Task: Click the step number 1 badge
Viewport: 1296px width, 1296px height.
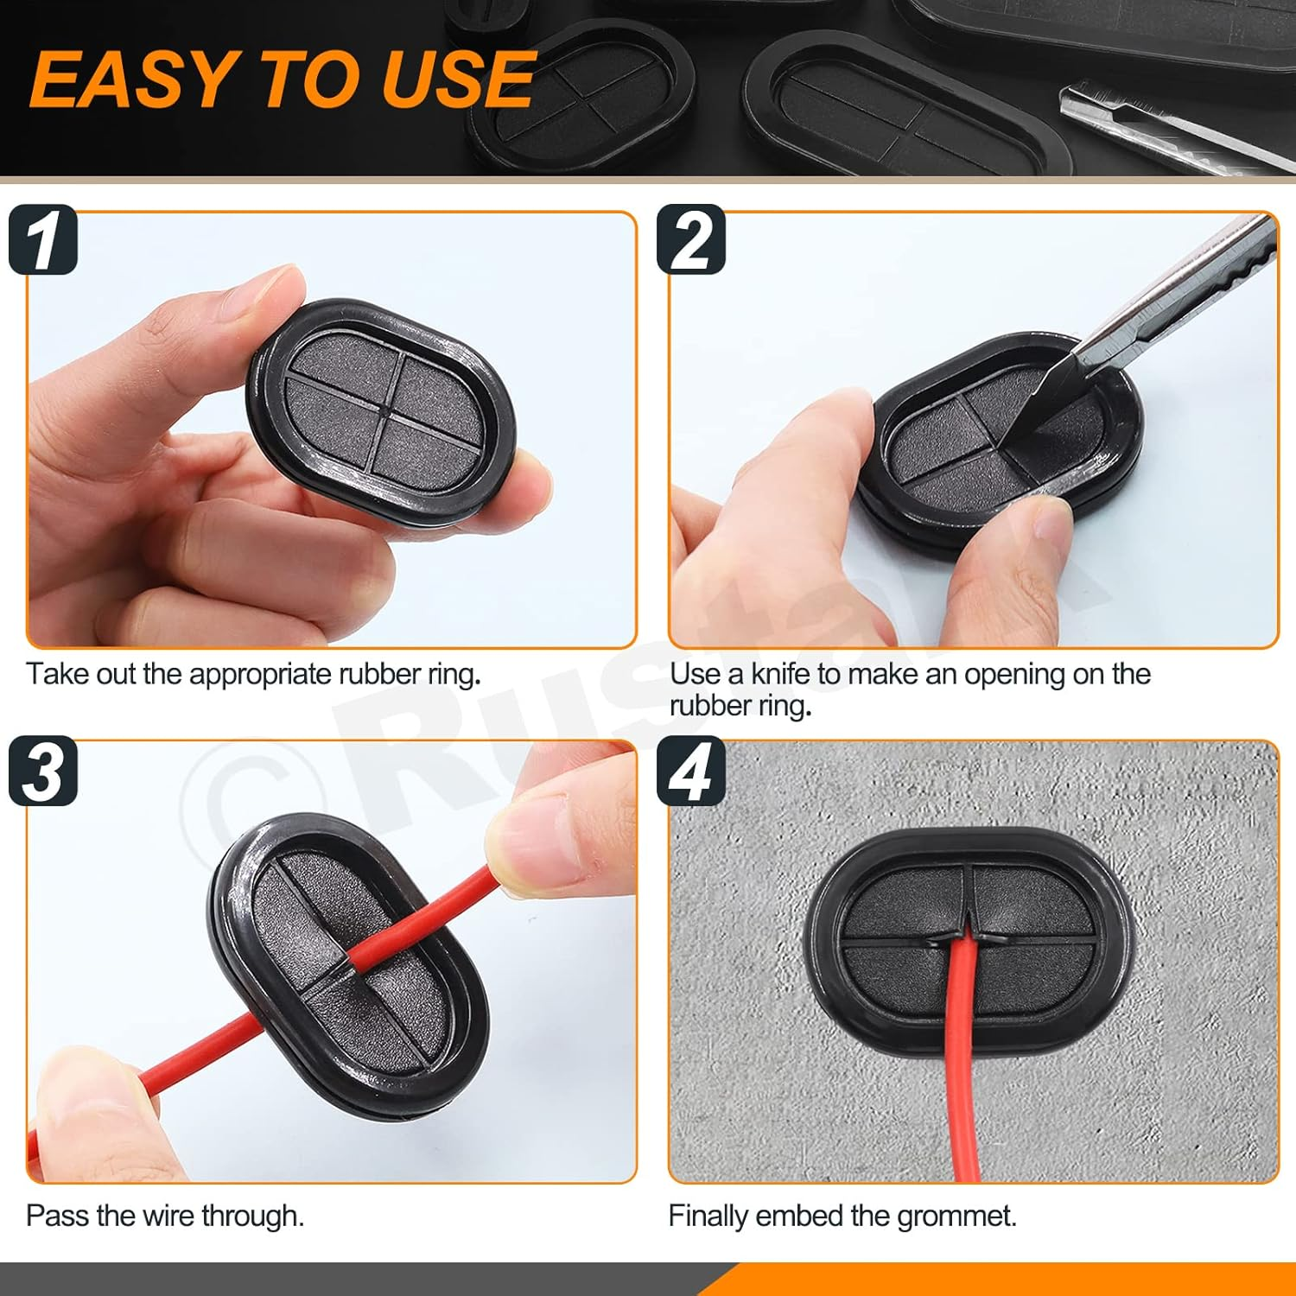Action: (43, 240)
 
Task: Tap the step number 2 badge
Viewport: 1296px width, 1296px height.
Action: (691, 240)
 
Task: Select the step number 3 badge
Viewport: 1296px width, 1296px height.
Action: (43, 771)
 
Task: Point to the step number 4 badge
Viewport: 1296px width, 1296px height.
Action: (691, 771)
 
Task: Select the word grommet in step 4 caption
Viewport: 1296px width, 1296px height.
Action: (956, 1216)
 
